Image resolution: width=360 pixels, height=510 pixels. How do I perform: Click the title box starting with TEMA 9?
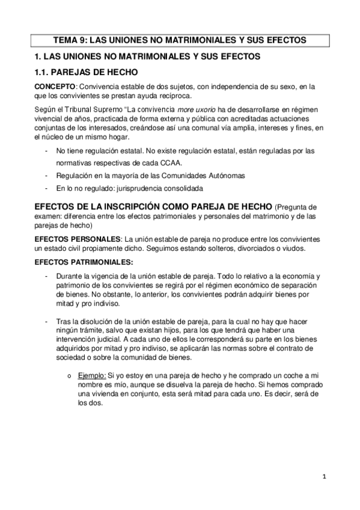coord(180,40)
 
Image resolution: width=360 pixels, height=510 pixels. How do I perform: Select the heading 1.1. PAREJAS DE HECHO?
coord(82,72)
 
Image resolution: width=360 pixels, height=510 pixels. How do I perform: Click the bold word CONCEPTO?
coord(55,86)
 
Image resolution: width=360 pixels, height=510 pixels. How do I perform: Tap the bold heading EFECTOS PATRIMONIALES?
coord(84,263)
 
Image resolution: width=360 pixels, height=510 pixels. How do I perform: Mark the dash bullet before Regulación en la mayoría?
coord(47,175)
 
